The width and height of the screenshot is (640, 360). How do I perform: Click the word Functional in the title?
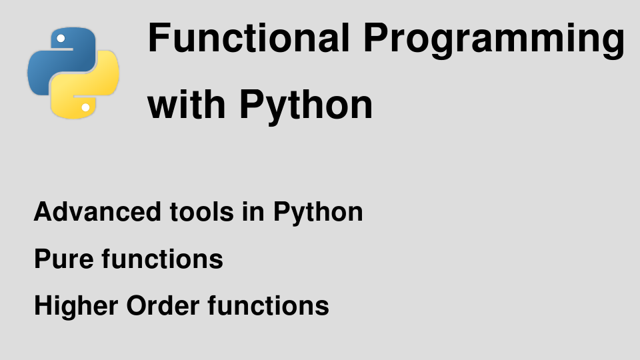(249, 38)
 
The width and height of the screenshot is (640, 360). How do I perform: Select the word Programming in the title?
(494, 41)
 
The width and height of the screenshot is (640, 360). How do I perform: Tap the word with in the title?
(186, 105)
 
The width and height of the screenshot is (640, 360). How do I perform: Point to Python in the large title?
(306, 107)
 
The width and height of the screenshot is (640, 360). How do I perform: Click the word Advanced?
(97, 212)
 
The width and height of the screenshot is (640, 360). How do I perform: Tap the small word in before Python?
(253, 212)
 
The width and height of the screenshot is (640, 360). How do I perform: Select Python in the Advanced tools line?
(318, 214)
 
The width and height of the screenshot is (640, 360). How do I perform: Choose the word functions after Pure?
(163, 259)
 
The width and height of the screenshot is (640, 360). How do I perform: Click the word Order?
(163, 305)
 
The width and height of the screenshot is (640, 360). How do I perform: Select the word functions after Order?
(268, 305)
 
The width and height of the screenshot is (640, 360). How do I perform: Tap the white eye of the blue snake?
(61, 39)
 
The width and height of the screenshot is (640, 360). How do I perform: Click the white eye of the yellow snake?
(86, 108)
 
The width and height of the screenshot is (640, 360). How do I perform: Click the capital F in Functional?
(159, 38)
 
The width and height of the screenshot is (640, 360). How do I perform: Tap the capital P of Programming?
(375, 38)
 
